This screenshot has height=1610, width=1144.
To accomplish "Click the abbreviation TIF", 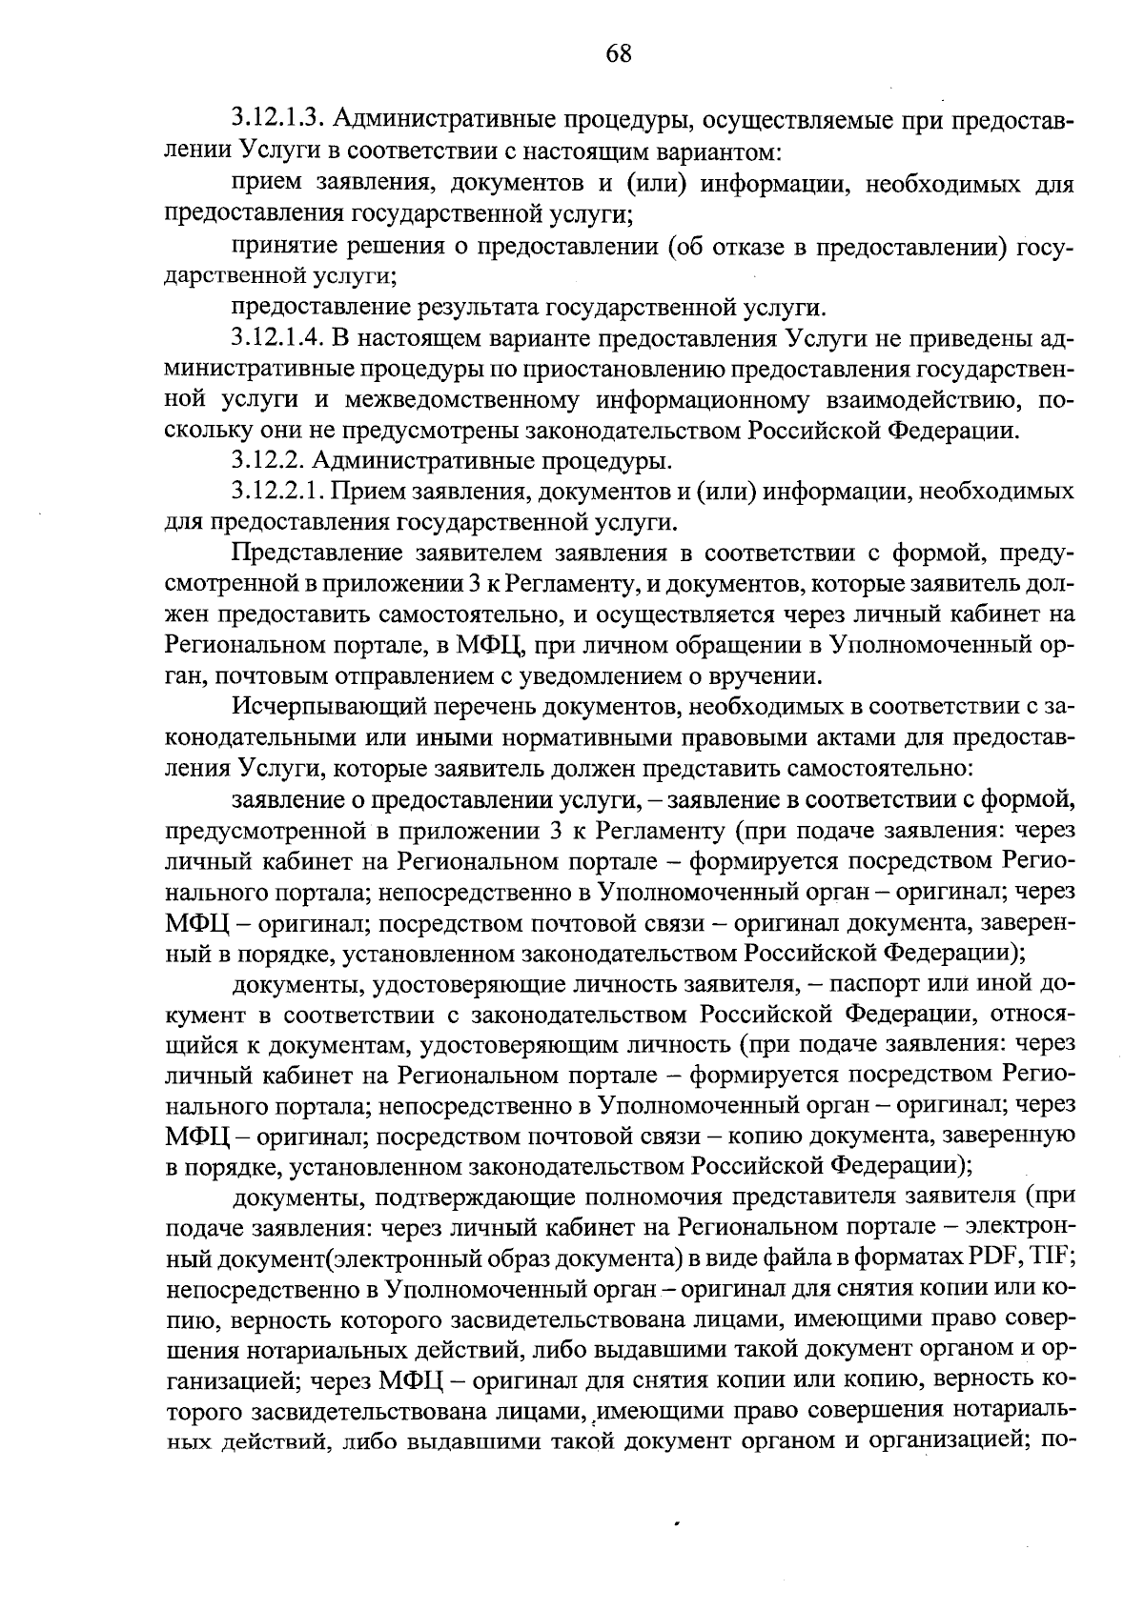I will (1053, 1257).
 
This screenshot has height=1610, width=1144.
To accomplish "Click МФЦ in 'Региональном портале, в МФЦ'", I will (491, 645).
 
